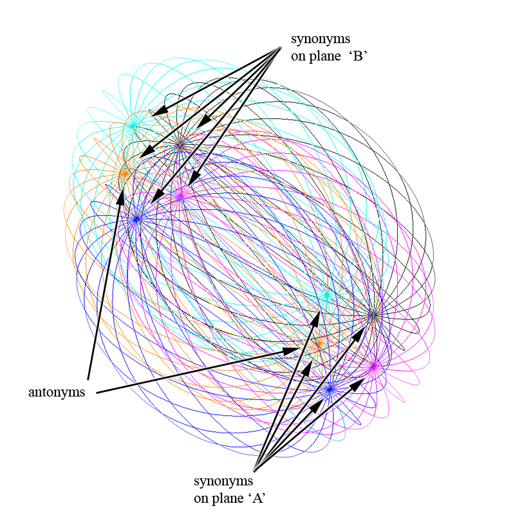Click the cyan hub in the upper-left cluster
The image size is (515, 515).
[134, 124]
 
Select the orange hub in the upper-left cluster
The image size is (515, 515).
[125, 173]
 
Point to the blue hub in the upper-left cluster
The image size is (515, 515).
[136, 219]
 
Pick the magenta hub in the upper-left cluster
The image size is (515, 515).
[180, 196]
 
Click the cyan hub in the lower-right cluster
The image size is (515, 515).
[327, 295]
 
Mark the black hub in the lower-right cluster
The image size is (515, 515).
[373, 315]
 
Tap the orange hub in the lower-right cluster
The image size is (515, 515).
[317, 346]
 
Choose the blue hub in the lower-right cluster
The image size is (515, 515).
[330, 389]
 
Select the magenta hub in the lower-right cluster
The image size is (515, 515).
[373, 366]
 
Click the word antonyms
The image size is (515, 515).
[57, 392]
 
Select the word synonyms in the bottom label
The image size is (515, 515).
[223, 481]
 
